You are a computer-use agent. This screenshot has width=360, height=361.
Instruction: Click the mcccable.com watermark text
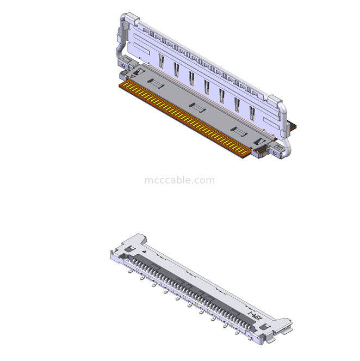[x=179, y=180]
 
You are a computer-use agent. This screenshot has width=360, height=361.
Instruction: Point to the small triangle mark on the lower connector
[x=145, y=252]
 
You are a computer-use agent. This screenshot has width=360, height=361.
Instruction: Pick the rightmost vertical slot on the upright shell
[x=252, y=113]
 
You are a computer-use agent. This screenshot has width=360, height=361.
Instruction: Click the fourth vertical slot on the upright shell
[x=207, y=86]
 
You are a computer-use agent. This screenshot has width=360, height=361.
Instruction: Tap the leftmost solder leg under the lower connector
[x=130, y=270]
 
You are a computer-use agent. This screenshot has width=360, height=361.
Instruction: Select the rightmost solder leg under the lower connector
[x=236, y=333]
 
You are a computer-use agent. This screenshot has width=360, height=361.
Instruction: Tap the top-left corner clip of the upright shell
[x=126, y=16]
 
